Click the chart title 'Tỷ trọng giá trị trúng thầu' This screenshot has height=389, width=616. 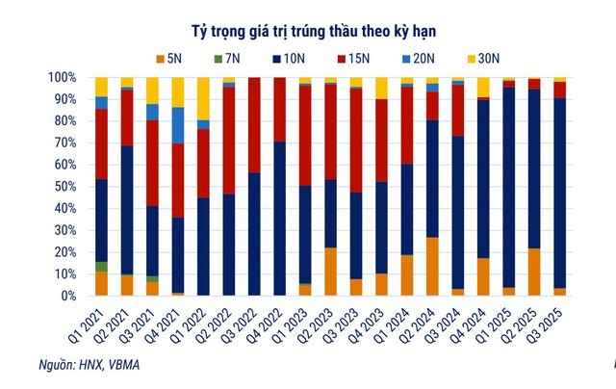pos(307,25)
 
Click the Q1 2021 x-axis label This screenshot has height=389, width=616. pos(90,322)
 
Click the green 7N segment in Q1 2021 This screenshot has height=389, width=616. pos(101,267)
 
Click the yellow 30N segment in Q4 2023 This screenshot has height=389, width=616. pos(381,88)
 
